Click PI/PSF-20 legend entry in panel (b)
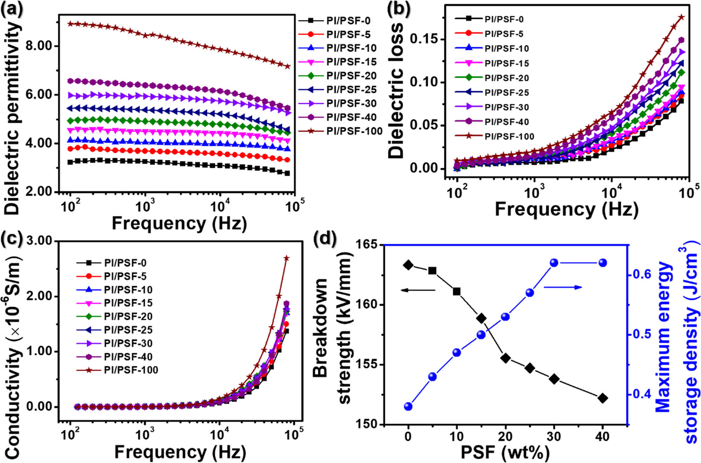(x=506, y=78)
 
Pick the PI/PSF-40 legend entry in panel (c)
(x=128, y=357)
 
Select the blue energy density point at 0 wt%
(x=408, y=406)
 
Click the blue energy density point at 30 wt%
(x=554, y=263)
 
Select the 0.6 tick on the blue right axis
(x=641, y=274)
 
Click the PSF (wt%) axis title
(x=505, y=452)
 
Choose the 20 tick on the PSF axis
(x=505, y=436)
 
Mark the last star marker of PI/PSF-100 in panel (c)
(x=286, y=258)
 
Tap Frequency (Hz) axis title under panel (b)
(x=566, y=210)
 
